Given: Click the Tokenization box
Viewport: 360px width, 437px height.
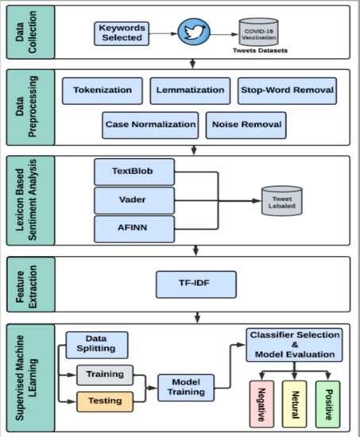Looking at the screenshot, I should (103, 91).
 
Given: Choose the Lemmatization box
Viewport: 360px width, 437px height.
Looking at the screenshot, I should (191, 91).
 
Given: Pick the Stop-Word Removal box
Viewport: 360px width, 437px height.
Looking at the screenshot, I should (287, 91).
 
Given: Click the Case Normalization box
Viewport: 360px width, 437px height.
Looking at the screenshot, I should (150, 124).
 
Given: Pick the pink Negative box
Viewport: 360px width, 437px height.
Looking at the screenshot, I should (260, 403).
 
